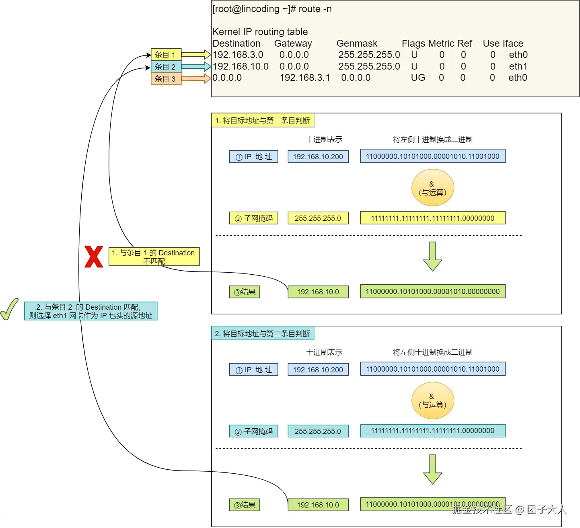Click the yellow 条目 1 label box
(x=166, y=54)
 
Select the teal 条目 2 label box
(x=166, y=66)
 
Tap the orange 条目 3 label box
(x=166, y=79)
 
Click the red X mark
(x=94, y=257)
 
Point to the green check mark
(x=9, y=309)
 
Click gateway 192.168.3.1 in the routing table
(x=305, y=78)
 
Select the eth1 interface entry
(x=518, y=66)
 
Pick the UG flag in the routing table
(x=418, y=78)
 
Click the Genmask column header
(x=357, y=43)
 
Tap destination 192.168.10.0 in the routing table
(x=241, y=66)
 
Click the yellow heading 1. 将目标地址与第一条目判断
(x=263, y=120)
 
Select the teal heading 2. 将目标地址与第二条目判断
(x=263, y=333)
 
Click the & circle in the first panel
(x=432, y=188)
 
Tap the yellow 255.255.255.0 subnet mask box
(x=318, y=218)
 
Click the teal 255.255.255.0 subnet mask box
(x=318, y=431)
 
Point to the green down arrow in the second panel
(x=432, y=469)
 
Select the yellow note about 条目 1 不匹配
(x=154, y=257)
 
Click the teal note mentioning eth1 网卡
(x=90, y=311)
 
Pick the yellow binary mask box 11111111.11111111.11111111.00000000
(x=432, y=218)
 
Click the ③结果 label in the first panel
(x=245, y=292)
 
